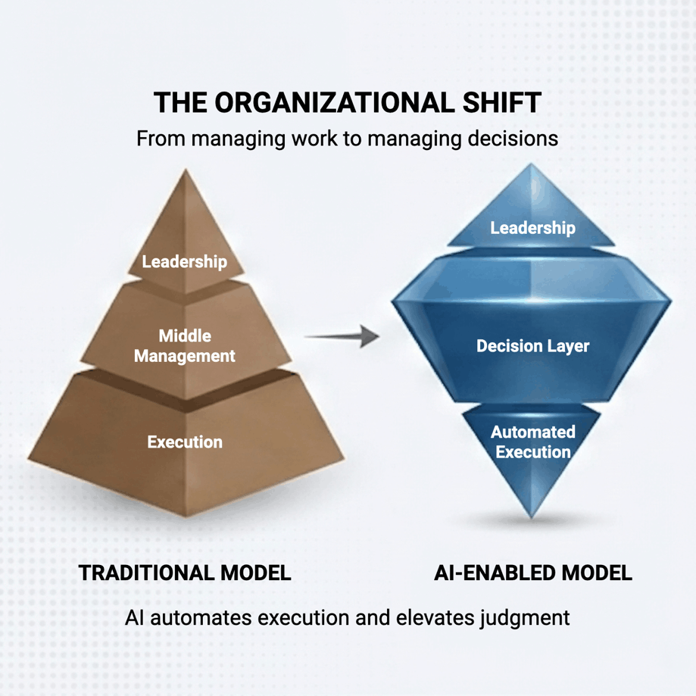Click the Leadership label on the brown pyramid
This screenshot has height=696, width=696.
tap(185, 262)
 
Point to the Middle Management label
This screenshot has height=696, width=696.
tap(185, 345)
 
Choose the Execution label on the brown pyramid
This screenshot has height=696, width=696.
tap(185, 442)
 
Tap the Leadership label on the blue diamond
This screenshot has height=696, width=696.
tap(532, 227)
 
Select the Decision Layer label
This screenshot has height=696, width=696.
tap(532, 346)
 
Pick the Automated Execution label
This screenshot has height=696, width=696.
tap(532, 442)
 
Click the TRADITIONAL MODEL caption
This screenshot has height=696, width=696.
tap(185, 573)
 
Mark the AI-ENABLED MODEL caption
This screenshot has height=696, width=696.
tap(532, 573)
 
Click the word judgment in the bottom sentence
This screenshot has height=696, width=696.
tap(525, 618)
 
